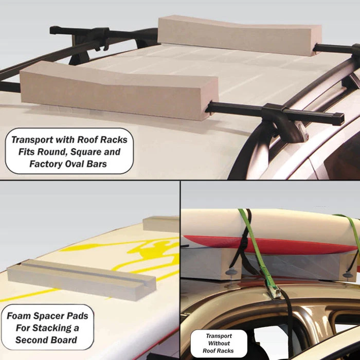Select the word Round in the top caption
[56, 152]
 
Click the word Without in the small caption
[219, 343]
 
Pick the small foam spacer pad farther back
[160, 223]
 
